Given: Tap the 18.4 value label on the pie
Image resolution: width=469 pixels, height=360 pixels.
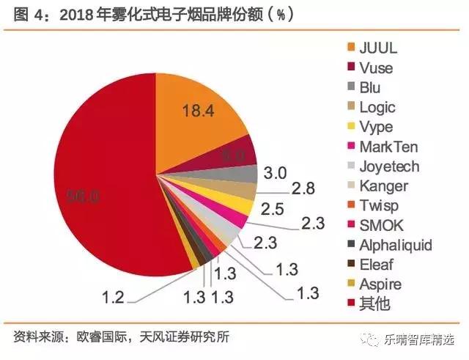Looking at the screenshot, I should tap(199, 111).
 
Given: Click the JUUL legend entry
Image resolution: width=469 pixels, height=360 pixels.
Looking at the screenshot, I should tap(382, 49).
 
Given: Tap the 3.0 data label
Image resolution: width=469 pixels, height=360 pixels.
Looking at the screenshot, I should tap(275, 174).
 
